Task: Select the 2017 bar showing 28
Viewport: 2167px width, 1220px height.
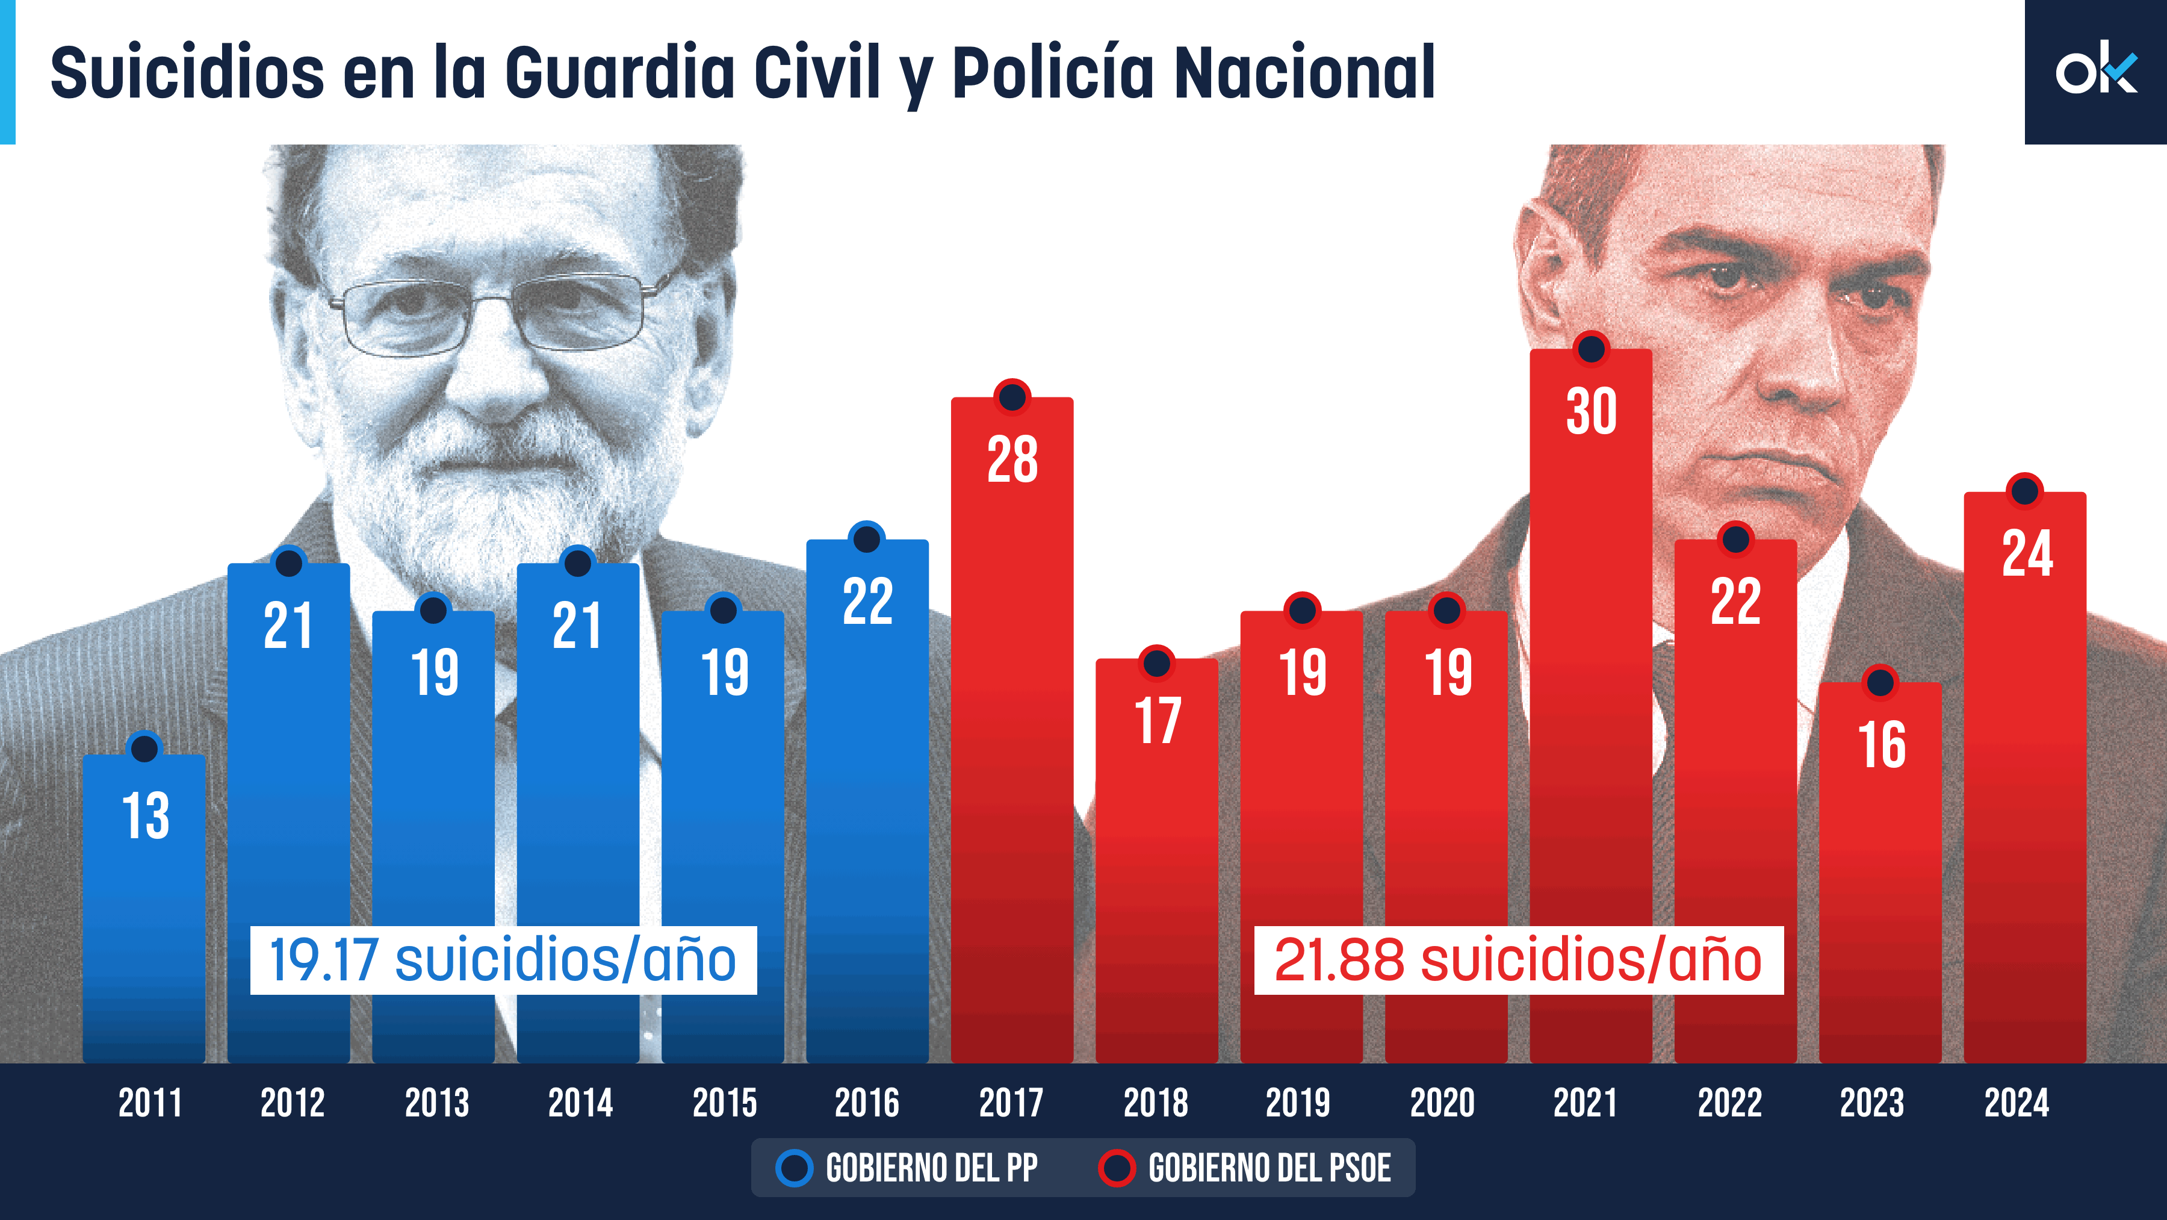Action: click(x=1012, y=724)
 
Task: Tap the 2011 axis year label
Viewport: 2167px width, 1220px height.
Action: click(x=150, y=1103)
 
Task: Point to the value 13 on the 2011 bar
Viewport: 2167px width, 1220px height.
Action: click(x=146, y=816)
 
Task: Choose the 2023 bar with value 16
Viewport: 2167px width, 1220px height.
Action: click(x=1880, y=867)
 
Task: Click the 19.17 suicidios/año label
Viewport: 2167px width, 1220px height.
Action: click(x=503, y=960)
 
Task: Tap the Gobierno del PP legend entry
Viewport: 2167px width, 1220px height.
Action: click(x=908, y=1168)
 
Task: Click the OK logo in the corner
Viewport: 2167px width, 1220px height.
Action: click(x=2095, y=72)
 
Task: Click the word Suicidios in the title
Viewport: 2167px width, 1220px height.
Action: click(x=187, y=73)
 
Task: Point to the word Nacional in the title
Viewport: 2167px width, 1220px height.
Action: click(x=1304, y=73)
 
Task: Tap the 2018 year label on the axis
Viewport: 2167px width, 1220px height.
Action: click(x=1156, y=1103)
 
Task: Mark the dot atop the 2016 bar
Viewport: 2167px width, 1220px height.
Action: click(x=866, y=538)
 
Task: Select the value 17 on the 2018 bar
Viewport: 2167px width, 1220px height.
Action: click(x=1158, y=721)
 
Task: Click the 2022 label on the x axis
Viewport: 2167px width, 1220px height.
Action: click(x=1729, y=1103)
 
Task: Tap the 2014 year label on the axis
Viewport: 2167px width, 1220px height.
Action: click(x=580, y=1103)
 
